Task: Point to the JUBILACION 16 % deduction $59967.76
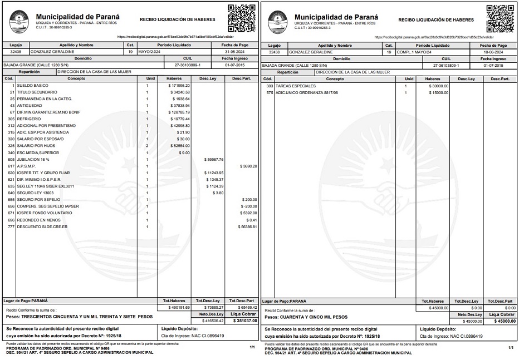(x=214, y=159)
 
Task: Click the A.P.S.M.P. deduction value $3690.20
(x=247, y=166)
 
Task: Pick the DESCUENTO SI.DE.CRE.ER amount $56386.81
(x=247, y=226)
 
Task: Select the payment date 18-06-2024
(x=493, y=52)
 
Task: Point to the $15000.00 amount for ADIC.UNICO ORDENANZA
(x=438, y=92)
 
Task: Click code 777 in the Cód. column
(x=11, y=226)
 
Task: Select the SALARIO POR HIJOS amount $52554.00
(x=179, y=146)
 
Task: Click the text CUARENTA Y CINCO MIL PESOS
(x=317, y=317)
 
